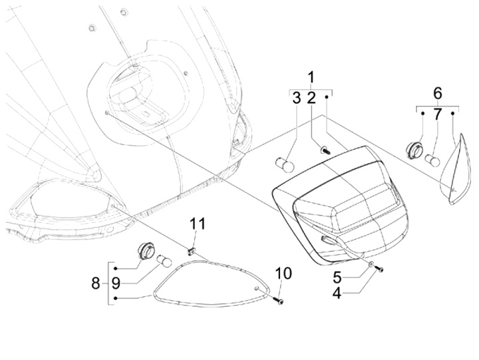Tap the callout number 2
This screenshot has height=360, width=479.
coord(311,99)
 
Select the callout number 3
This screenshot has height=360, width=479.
coord(296,99)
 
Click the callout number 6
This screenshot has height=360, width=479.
coord(437,92)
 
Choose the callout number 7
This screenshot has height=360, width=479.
coord(437,114)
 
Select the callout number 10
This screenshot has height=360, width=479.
coord(282,273)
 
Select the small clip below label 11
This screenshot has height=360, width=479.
coord(191,251)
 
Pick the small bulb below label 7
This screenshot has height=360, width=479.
coord(432,160)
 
